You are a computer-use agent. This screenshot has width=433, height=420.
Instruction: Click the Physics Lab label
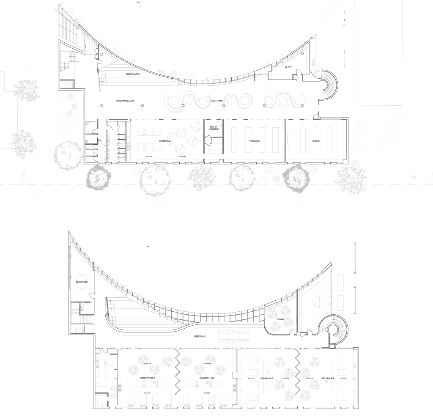coord(254,140)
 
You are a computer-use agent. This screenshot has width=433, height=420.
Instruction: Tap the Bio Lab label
coord(316,140)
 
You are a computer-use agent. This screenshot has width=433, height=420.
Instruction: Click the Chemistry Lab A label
coord(148,377)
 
